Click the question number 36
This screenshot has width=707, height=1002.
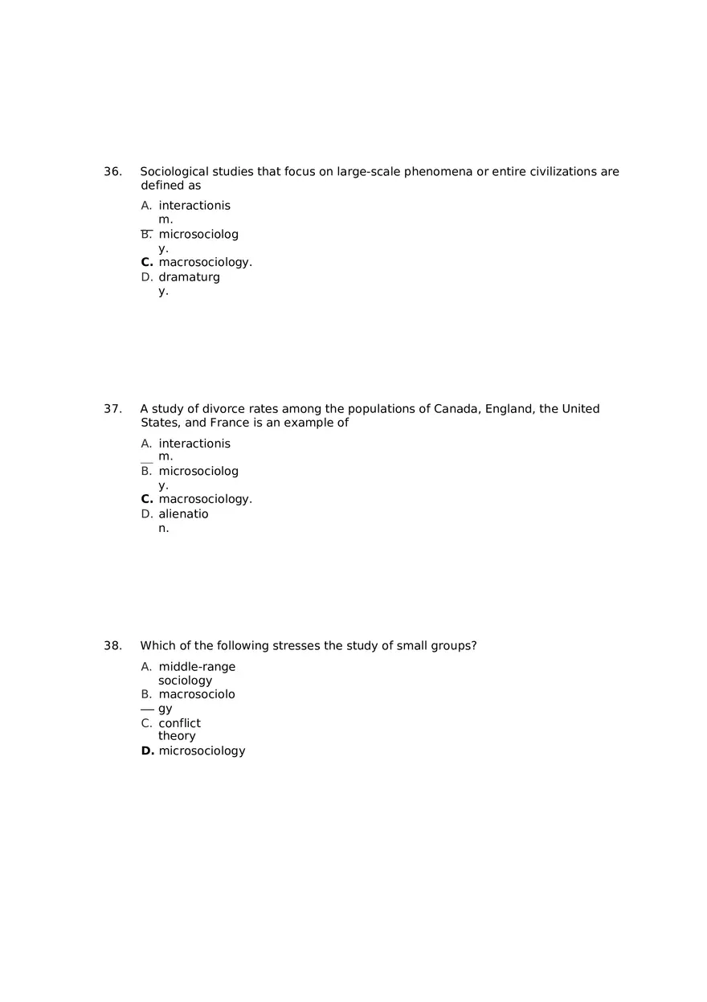coord(112,172)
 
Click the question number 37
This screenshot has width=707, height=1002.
coord(112,409)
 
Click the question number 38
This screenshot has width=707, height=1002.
coord(112,646)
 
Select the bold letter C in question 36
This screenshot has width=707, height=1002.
coord(146,263)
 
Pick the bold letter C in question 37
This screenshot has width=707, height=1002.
coord(146,499)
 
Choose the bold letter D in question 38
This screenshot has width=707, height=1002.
coord(147,751)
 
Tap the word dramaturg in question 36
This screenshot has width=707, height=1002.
coord(189,277)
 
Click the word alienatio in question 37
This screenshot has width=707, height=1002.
coord(183,514)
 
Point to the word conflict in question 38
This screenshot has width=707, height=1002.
coord(179,723)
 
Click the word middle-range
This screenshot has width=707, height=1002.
coord(197,667)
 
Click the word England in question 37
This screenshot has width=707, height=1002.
coord(509,409)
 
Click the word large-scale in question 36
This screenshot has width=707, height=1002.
coord(368,172)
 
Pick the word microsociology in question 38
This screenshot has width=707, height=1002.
coord(202,751)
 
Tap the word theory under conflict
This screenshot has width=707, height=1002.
coord(177,736)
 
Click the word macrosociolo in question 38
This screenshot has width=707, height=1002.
coord(197,694)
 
